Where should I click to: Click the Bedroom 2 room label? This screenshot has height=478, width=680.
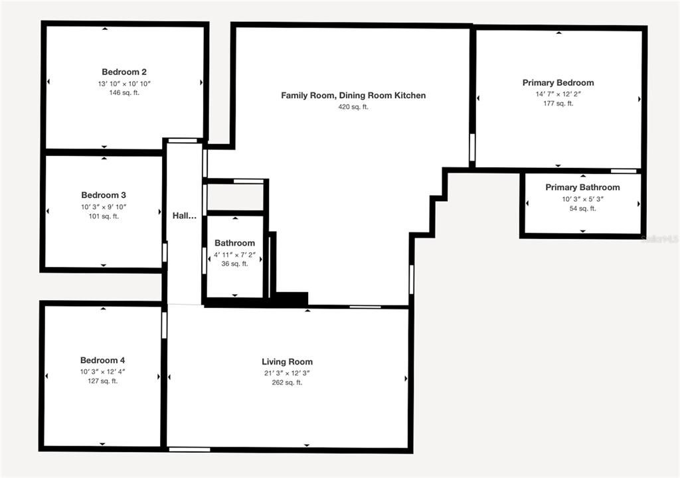point(124,72)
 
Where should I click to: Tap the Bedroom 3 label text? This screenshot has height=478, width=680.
point(104,195)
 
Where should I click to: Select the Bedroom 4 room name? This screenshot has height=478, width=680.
point(102,360)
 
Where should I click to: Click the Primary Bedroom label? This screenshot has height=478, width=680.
point(558,83)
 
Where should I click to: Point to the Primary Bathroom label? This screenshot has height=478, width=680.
point(582,188)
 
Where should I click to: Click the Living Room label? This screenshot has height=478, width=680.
point(287,362)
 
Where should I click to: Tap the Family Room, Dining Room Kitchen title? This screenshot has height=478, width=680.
point(353,96)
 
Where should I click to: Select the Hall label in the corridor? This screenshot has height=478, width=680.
point(185,216)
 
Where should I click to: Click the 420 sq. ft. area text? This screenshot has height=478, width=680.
point(353,107)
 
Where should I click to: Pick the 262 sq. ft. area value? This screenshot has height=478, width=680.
point(287,382)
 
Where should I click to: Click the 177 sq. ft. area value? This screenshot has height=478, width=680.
point(558,104)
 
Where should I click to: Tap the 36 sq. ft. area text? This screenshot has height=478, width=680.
point(234,264)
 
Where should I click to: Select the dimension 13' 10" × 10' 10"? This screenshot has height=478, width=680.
point(124,84)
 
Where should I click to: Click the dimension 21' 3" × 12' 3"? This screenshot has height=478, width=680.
point(287,373)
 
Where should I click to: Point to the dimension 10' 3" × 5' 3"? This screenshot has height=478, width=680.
point(582,199)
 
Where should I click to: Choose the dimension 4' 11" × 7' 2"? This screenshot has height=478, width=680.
point(234,254)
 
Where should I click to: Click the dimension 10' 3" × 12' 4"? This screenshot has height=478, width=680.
point(102,372)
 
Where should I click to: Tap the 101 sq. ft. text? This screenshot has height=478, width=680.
point(104,216)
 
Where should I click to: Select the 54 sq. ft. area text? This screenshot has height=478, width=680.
point(582,208)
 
